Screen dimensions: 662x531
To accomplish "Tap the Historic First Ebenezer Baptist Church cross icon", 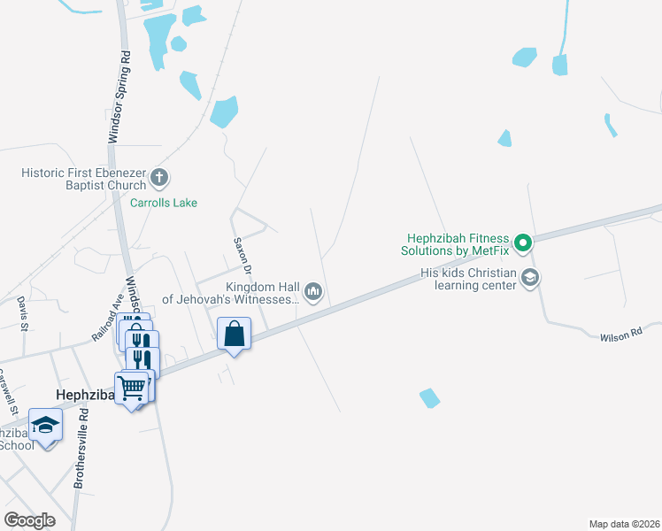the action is tap(159, 178).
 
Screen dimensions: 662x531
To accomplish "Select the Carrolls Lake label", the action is tap(164, 203).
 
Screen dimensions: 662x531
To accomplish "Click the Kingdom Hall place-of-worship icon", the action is tap(313, 291).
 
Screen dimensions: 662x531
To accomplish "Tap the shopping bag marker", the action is tap(235, 335).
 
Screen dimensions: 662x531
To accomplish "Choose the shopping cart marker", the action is tap(132, 387).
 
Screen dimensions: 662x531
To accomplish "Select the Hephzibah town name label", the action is tap(81, 395).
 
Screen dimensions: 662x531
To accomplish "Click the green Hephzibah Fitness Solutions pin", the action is tap(522, 241).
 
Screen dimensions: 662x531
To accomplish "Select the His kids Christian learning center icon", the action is tap(529, 278).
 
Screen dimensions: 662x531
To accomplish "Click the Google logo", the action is tap(29, 520).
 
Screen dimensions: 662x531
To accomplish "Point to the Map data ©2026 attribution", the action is tap(625, 524).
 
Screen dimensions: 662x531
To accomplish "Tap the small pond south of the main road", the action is tap(429, 398).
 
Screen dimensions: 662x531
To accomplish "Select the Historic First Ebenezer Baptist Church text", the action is tap(84, 179).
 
